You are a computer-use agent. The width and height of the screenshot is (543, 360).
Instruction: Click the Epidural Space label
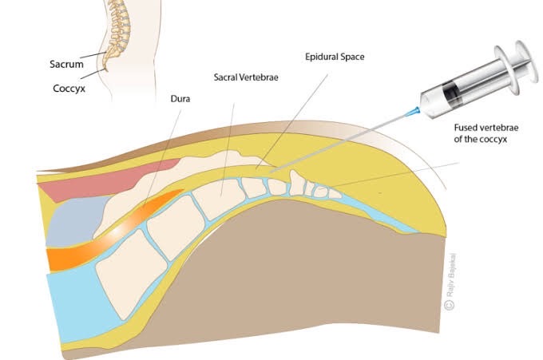(x=335, y=58)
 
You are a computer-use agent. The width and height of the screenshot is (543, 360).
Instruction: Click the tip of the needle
(x=270, y=171)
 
